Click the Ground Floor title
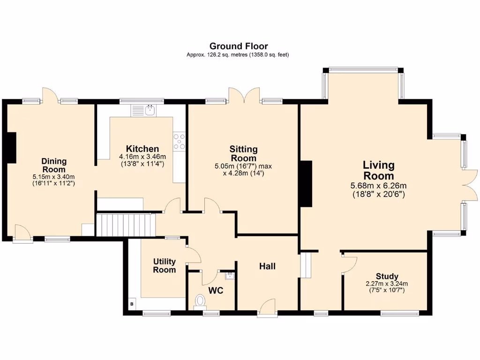pos(239,46)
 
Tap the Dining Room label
pos(54,165)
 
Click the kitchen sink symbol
pos(150,111)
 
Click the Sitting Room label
pos(243,154)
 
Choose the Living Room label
pos(379,171)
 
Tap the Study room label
pos(387,276)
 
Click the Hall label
pos(268,266)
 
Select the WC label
pos(216,291)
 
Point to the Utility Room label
pos(165,265)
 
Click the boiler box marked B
pos(131,304)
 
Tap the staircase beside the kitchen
pos(125,225)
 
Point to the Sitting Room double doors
pos(244,95)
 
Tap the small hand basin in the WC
pos(229,274)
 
